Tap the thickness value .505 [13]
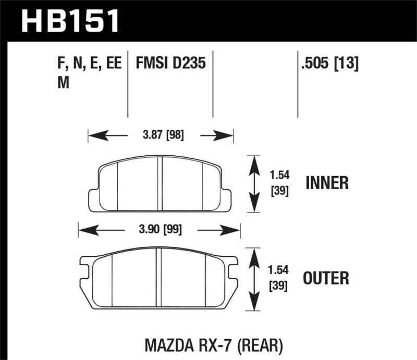329,64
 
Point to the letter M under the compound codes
62,83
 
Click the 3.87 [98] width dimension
160,136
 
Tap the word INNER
327,183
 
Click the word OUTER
327,277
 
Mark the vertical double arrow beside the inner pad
253,183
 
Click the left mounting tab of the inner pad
94,200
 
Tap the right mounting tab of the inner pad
226,200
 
